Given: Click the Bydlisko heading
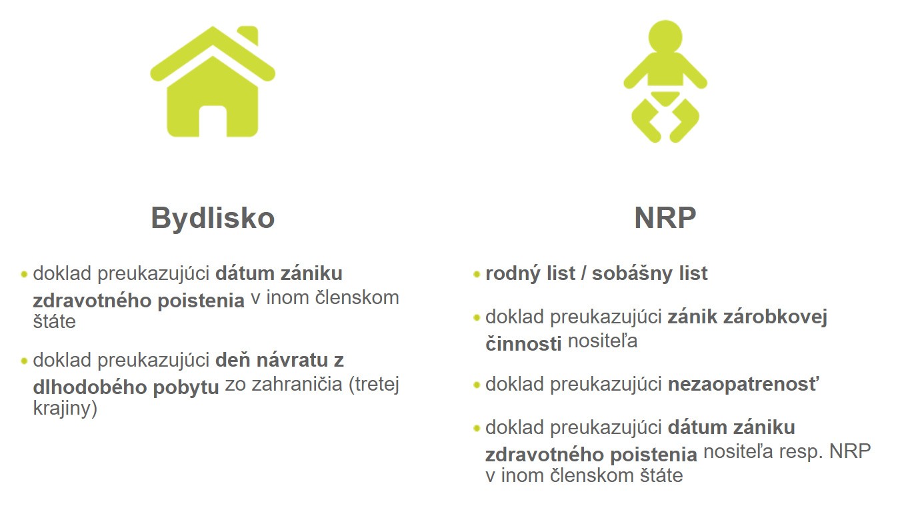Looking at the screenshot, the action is [213, 219].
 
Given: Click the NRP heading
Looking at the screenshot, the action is [665, 217].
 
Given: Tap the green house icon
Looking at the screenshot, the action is [213, 81].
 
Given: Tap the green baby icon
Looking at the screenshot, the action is [665, 81].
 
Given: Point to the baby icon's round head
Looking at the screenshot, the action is [665, 37].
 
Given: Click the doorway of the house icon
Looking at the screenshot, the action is [213, 121].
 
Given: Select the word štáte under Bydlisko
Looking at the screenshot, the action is [55, 321].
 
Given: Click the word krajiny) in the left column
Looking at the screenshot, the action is [65, 409].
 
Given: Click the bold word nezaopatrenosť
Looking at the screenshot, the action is [744, 384].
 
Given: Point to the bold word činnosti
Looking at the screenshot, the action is [523, 343].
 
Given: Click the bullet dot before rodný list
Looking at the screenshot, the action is [477, 274].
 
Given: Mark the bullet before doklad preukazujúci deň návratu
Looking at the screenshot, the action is [24, 361].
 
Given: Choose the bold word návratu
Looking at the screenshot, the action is [292, 360].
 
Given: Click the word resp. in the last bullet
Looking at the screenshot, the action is [801, 452].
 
